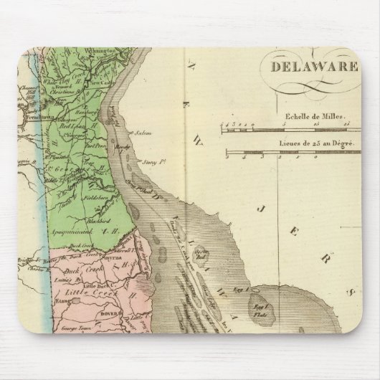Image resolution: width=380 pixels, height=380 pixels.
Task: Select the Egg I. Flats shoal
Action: (255, 305)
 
